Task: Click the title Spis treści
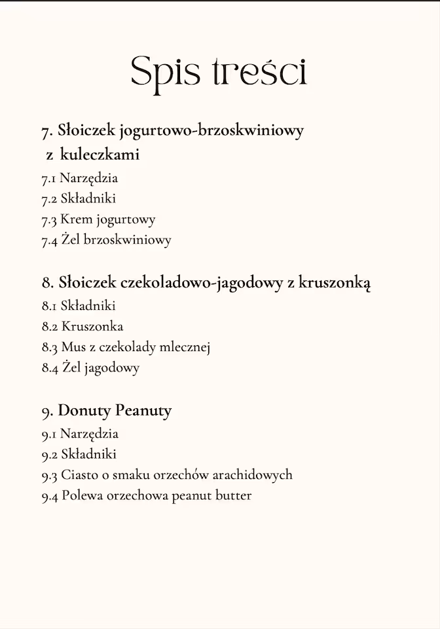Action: click(219, 71)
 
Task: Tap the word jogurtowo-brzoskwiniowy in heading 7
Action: click(211, 130)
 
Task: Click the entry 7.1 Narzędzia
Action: click(80, 178)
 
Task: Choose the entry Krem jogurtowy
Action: click(107, 219)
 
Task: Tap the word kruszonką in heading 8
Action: click(335, 282)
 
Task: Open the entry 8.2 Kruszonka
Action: click(82, 326)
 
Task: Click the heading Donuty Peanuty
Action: click(115, 411)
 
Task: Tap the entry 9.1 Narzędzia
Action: click(80, 433)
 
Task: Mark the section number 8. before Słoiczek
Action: click(47, 283)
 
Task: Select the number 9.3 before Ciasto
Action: click(49, 475)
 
